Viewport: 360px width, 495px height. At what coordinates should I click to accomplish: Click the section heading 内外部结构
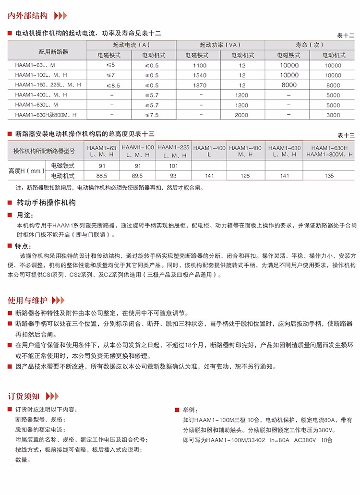[x=27, y=16]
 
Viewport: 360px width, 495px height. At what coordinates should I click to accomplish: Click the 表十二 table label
[x=346, y=36]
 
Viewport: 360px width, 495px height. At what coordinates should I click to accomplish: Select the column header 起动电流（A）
[x=132, y=45]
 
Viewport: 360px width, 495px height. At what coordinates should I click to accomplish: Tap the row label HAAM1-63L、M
[x=36, y=65]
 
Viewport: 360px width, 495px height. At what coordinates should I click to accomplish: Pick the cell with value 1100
[x=200, y=65]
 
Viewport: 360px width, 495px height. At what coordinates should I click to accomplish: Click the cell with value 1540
[x=200, y=75]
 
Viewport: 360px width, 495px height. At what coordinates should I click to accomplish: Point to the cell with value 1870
[x=200, y=85]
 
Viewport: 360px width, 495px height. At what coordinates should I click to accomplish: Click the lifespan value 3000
[x=333, y=115]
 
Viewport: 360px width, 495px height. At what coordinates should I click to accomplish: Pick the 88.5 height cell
[x=102, y=176]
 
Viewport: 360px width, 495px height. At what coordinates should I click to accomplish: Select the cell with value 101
[x=173, y=166]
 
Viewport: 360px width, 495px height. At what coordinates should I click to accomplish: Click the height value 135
[x=329, y=176]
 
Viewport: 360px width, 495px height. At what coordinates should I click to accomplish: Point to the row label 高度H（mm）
[x=26, y=170]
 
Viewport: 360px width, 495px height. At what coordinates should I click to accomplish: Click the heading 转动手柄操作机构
[x=46, y=203]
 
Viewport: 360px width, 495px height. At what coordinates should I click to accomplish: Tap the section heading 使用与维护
[x=27, y=301]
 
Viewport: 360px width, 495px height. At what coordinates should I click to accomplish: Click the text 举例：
[x=190, y=410]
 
